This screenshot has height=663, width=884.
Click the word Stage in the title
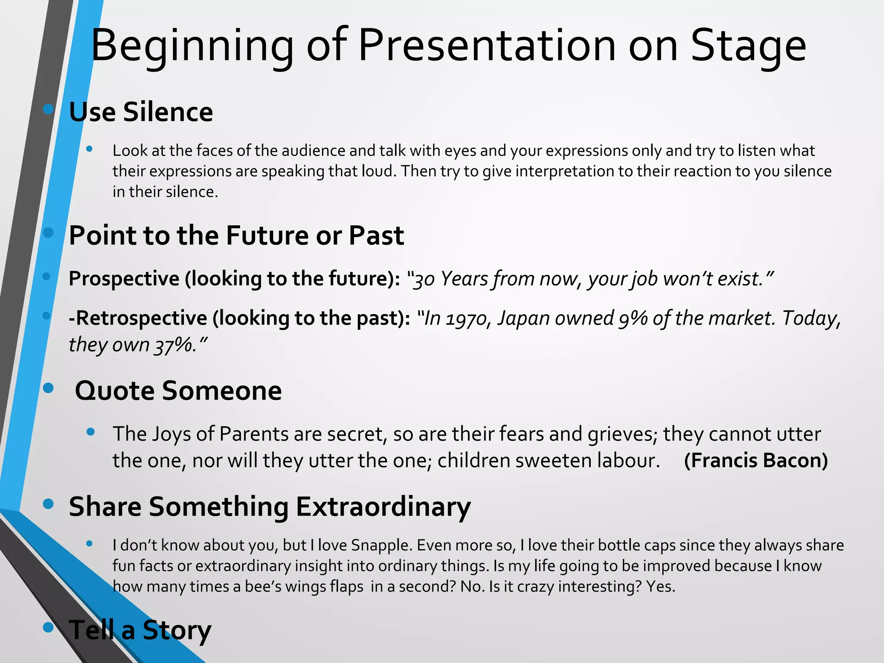[748, 47]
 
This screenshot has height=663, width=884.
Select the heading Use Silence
[141, 112]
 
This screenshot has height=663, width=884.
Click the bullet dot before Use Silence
[48, 109]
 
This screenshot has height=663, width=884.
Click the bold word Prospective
[124, 279]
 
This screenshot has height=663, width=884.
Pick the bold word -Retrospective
[138, 318]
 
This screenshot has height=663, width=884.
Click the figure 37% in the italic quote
[173, 345]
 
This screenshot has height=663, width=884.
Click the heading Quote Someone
[178, 391]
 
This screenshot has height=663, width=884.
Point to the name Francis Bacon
[756, 461]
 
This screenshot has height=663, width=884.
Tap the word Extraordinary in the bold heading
[383, 507]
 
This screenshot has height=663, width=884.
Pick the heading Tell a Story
[140, 631]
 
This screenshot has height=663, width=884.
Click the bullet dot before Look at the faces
[89, 149]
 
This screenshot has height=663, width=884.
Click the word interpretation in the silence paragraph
[565, 171]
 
